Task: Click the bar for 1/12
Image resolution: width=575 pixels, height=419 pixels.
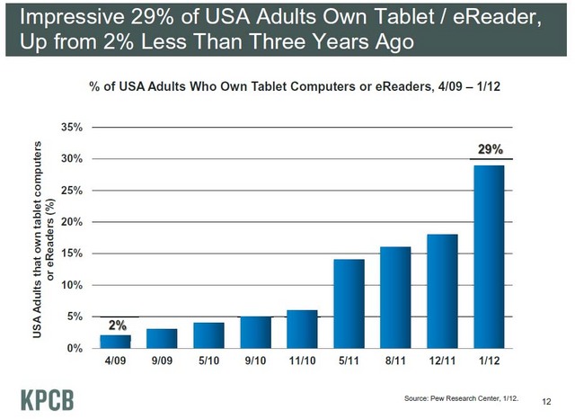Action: (x=490, y=256)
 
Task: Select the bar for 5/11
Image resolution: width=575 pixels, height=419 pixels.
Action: (x=349, y=303)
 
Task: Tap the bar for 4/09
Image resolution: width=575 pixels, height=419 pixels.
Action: (x=117, y=341)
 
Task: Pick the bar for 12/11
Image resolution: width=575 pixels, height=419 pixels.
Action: (x=443, y=290)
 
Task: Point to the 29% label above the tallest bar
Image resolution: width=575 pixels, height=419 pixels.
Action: (x=491, y=148)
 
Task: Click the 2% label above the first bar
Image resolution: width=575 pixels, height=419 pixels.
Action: (x=117, y=325)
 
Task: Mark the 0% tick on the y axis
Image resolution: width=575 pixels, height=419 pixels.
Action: (x=75, y=348)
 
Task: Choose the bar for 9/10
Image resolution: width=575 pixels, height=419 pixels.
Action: (x=257, y=332)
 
